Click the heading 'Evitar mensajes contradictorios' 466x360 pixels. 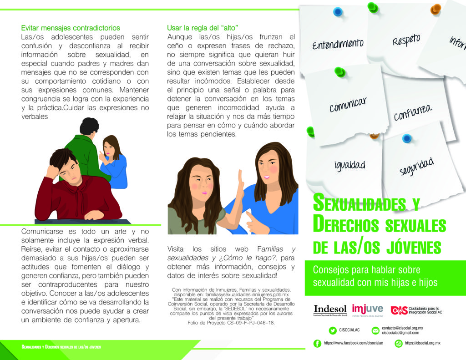click(x=71, y=28)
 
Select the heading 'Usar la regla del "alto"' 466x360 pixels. click(x=203, y=28)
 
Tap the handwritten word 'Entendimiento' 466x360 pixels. click(x=338, y=44)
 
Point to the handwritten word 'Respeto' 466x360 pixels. click(x=406, y=40)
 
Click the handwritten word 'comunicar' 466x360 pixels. click(x=348, y=104)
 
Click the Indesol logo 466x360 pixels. click(x=330, y=309)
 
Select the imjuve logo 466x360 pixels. click(x=367, y=309)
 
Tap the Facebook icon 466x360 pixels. click(x=317, y=344)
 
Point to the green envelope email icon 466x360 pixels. click(x=375, y=330)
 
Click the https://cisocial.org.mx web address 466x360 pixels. click(x=422, y=343)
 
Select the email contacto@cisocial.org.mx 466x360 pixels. click(x=402, y=328)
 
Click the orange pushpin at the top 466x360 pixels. click(x=436, y=8)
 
